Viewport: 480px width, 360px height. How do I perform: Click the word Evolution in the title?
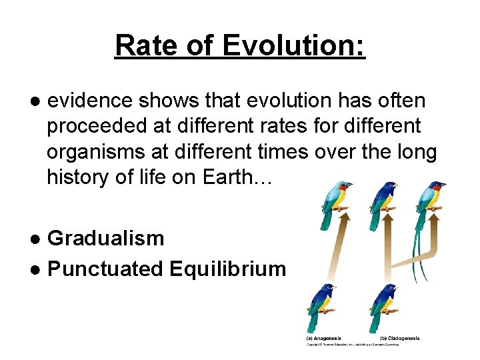click(x=294, y=45)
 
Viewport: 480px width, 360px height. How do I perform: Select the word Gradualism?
click(x=106, y=238)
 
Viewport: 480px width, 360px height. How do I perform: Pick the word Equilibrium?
click(x=227, y=269)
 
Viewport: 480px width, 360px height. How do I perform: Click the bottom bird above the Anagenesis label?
click(x=322, y=307)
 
